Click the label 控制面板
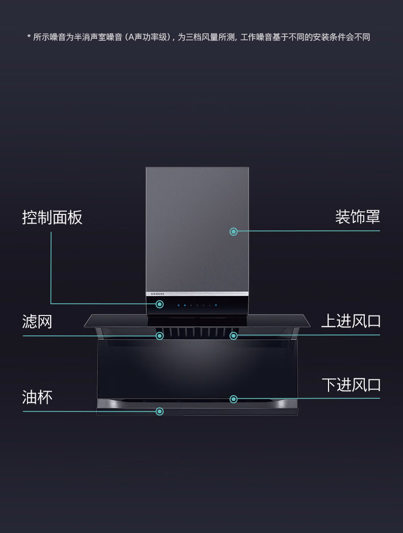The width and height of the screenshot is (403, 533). click(x=52, y=217)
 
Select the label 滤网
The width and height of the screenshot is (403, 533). click(x=37, y=322)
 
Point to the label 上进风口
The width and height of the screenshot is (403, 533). click(x=350, y=321)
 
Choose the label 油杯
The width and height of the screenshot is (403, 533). click(x=37, y=397)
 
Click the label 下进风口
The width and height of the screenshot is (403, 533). click(x=350, y=385)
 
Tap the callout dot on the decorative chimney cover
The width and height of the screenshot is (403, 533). click(x=234, y=231)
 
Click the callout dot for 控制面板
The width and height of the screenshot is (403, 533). click(x=160, y=304)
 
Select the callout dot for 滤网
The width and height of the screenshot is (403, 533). click(x=160, y=335)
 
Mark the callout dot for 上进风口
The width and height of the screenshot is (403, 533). click(x=234, y=335)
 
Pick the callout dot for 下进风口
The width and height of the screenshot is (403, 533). click(x=234, y=399)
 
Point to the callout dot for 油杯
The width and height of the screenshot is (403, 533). click(x=160, y=411)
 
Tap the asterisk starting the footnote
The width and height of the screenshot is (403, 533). click(x=29, y=37)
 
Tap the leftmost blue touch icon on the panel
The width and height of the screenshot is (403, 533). click(x=179, y=305)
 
